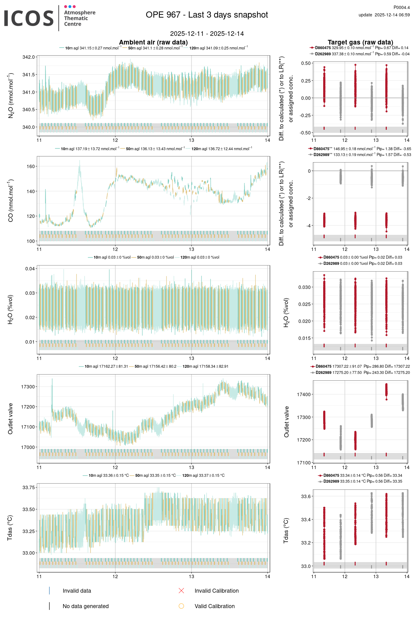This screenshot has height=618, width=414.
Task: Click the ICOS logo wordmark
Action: point(29,18)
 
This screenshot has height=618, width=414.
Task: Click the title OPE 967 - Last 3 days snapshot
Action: point(207,15)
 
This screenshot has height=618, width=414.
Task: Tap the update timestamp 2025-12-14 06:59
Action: point(392,15)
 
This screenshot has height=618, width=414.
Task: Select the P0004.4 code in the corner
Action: point(401,7)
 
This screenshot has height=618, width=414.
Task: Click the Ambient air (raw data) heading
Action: point(153,42)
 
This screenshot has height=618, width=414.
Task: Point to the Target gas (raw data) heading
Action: point(360,42)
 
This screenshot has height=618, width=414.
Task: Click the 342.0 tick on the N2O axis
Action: point(29,57)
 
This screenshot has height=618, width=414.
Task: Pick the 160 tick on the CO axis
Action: point(31,166)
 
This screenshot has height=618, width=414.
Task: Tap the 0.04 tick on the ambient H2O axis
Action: point(30,269)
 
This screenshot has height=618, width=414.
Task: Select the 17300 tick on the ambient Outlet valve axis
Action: point(28,387)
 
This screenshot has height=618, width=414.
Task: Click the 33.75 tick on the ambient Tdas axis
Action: point(29,488)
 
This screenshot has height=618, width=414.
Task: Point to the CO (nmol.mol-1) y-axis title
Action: point(11,200)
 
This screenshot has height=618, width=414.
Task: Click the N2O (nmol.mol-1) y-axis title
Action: point(11,95)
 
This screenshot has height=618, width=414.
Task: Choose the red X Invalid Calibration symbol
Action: point(181,591)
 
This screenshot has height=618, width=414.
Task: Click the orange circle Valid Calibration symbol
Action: point(181,606)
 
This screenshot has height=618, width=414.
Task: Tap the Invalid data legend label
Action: point(77,591)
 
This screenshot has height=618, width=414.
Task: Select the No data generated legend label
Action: point(86,606)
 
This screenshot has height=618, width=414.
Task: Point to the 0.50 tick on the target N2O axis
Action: point(306,63)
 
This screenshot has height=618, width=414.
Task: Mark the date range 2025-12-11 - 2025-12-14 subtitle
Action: point(207,34)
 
